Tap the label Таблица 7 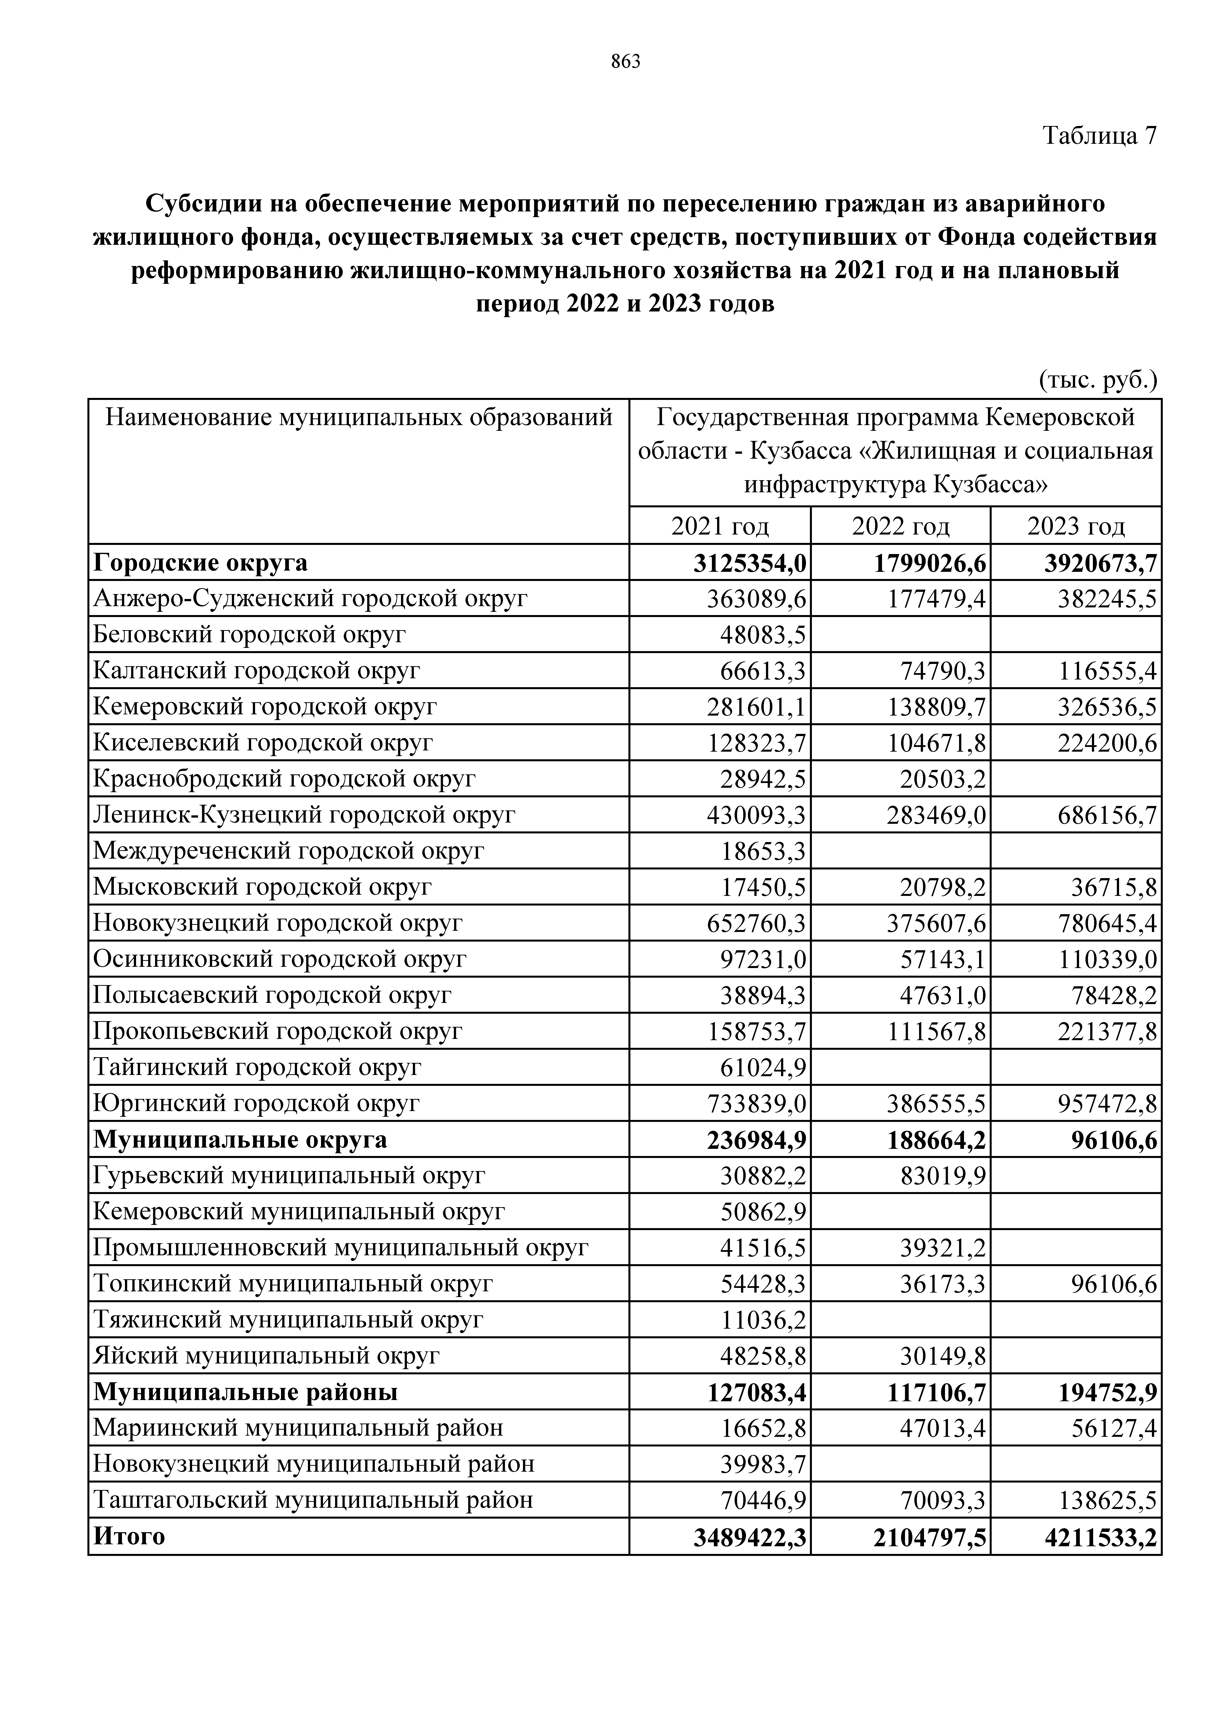(1099, 136)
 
